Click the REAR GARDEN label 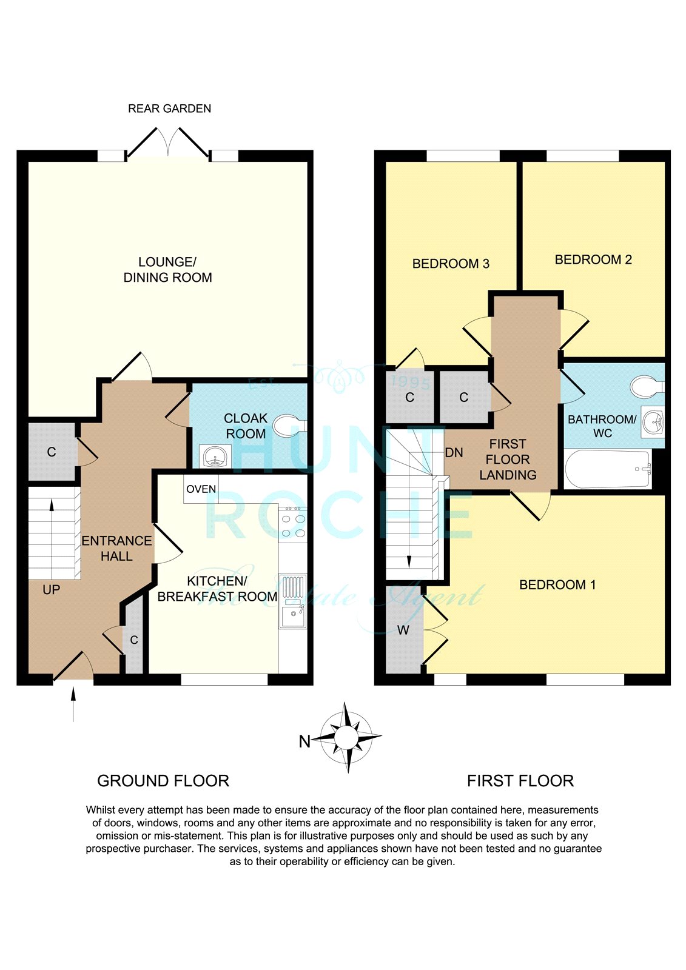(x=169, y=109)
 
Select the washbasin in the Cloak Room (x=215, y=457)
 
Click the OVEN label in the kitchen (x=201, y=489)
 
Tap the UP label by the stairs (x=51, y=589)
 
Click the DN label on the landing (x=454, y=452)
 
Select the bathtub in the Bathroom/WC (x=608, y=469)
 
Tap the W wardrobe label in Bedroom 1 (x=403, y=630)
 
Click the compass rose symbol (x=347, y=737)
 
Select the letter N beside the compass (x=304, y=742)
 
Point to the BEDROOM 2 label (x=593, y=259)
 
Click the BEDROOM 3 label (x=451, y=263)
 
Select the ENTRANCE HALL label (x=116, y=548)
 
